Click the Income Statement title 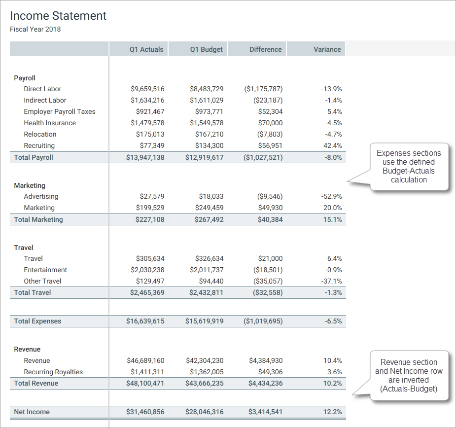click(x=58, y=16)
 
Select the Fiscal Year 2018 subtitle click(x=35, y=29)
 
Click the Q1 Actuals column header click(x=146, y=49)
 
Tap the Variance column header click(x=327, y=49)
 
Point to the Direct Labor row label click(x=42, y=89)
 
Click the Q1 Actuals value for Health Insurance click(x=147, y=123)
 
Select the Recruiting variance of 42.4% click(x=331, y=145)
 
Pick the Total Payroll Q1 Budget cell click(x=204, y=157)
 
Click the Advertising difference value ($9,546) click(x=270, y=196)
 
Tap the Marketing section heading click(x=30, y=185)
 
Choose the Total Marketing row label click(x=38, y=219)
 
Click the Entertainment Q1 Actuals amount click(x=147, y=270)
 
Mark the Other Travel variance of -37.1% click(x=331, y=281)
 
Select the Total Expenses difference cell click(x=263, y=321)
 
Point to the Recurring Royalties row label click(x=53, y=372)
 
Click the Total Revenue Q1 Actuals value click(x=145, y=383)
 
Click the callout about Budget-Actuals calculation click(x=409, y=166)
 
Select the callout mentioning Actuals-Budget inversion click(x=409, y=375)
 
